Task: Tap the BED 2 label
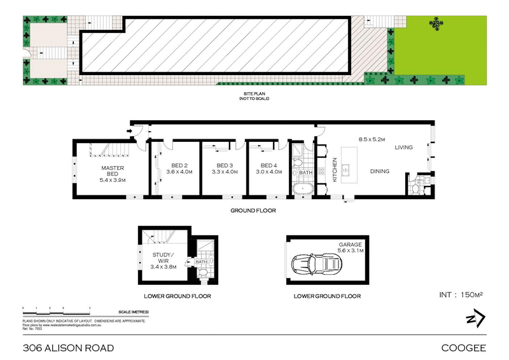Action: pyautogui.click(x=179, y=168)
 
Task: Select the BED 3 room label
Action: pyautogui.click(x=223, y=168)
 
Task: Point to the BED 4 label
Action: pyautogui.click(x=267, y=168)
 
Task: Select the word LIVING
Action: pyautogui.click(x=403, y=148)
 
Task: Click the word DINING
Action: pyautogui.click(x=380, y=170)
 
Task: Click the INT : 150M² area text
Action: pyautogui.click(x=462, y=294)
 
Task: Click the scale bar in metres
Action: pyautogui.click(x=57, y=310)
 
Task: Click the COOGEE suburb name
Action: pyautogui.click(x=464, y=348)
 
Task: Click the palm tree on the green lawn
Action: pyautogui.click(x=437, y=23)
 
